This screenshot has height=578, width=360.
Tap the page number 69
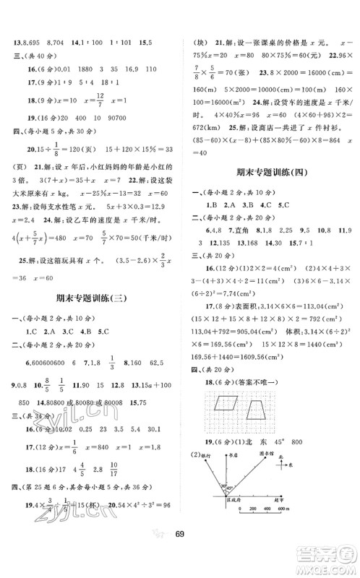click(x=179, y=554)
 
